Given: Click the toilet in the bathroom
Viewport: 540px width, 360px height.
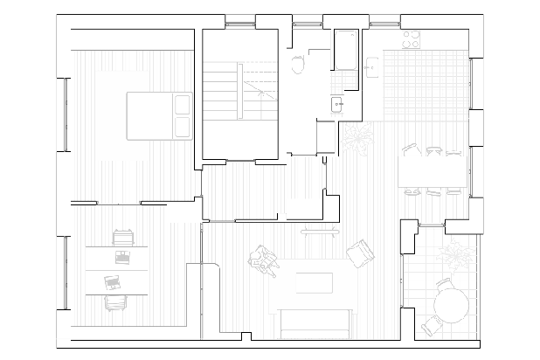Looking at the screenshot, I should coord(298,63).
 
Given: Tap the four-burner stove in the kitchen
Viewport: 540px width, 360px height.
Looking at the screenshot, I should coord(410,38).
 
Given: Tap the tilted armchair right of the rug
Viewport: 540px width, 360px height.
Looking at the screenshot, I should coord(359,253).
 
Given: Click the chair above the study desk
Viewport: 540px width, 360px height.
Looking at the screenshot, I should coord(121,236).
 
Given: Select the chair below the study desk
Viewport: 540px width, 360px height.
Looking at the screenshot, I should coord(114,301).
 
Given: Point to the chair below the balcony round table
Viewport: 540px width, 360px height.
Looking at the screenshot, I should coord(432,327).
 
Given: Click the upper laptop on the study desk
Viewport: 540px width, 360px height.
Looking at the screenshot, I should coord(121,256).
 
